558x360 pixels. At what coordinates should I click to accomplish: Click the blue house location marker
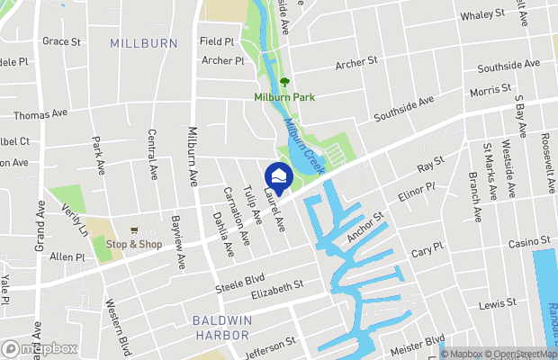(x=280, y=176)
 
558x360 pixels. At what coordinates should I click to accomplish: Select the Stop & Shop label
(x=134, y=244)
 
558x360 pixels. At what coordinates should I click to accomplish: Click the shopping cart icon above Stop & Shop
(x=134, y=230)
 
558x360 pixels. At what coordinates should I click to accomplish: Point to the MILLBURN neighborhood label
(x=139, y=43)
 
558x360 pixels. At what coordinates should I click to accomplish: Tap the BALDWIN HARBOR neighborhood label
(x=221, y=327)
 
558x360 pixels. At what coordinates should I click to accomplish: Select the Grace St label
(x=61, y=41)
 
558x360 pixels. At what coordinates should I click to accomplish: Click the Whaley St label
(x=482, y=15)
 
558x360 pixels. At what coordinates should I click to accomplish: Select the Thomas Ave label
(x=40, y=114)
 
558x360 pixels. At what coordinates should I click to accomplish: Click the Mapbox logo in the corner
(x=40, y=348)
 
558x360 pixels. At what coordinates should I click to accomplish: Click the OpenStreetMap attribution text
(x=519, y=354)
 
